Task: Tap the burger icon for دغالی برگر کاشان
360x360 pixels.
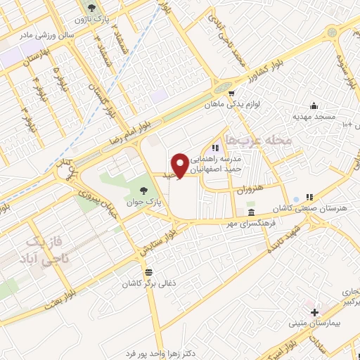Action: click(148, 272)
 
